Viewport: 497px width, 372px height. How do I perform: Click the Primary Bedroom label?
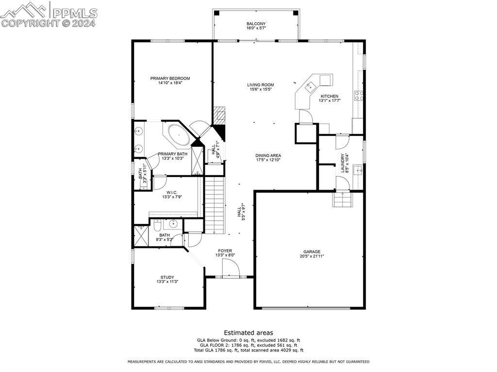pos(170,78)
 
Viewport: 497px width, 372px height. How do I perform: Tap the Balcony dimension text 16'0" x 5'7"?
pos(256,28)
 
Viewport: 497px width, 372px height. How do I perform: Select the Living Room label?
pos(261,85)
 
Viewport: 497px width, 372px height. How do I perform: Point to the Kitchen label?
pos(330,97)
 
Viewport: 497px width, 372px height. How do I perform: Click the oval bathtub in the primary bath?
pos(178,135)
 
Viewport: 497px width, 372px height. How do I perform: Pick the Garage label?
pos(312,252)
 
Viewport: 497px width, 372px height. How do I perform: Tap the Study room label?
pos(167,277)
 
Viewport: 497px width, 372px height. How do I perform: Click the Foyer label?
pos(225,251)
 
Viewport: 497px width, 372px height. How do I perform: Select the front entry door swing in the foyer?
pos(231,268)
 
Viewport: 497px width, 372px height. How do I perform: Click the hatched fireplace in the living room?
pos(218,116)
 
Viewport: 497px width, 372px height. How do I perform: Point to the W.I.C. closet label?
pos(172,193)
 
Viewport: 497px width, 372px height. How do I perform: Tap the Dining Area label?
pos(268,156)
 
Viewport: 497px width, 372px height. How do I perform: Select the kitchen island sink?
pos(309,85)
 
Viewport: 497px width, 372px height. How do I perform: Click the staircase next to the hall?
pos(215,205)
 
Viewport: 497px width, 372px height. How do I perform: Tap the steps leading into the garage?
pos(342,199)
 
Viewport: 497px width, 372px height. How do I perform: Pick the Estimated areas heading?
pos(248,333)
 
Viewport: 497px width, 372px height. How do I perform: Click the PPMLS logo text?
pos(75,13)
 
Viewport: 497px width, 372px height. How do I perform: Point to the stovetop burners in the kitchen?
pos(359,96)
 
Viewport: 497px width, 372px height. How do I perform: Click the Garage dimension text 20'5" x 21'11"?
pos(312,256)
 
